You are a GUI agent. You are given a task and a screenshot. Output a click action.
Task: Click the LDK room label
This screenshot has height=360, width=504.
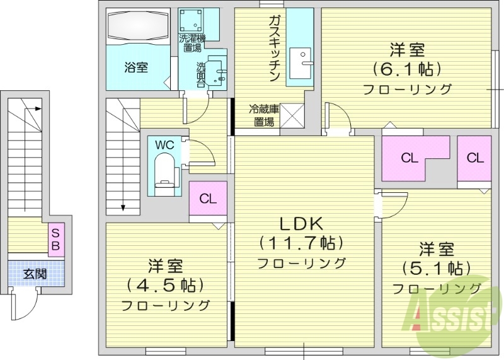coord(301,223)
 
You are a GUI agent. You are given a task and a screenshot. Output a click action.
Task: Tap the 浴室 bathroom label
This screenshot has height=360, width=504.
coord(135,67)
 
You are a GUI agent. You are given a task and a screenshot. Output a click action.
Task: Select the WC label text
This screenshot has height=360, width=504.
coord(164,144)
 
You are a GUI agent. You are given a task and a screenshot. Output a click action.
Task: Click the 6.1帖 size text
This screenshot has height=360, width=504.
coord(406,68)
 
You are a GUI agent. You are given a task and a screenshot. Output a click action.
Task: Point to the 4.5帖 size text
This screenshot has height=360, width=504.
coord(166,285)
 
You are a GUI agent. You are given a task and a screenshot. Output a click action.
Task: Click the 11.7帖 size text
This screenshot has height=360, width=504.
coord(301,242)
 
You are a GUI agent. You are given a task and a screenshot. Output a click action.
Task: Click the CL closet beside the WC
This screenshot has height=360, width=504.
coord(208,199)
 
